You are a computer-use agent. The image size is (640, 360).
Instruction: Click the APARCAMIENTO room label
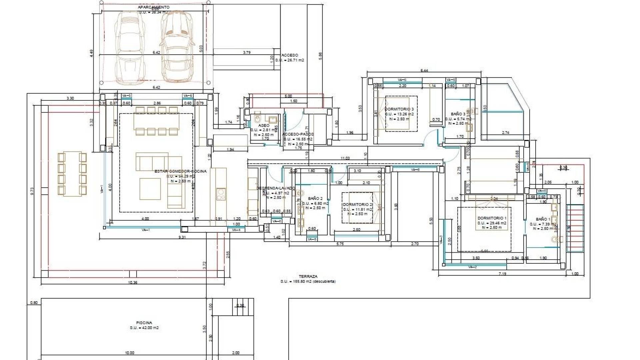click(x=153, y=7)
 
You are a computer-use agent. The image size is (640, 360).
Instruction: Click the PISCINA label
click(x=144, y=323)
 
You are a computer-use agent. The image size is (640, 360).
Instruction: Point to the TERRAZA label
click(x=308, y=276)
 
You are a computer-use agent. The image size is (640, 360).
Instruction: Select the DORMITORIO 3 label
click(x=399, y=109)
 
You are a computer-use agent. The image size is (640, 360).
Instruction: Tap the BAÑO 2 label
click(x=315, y=198)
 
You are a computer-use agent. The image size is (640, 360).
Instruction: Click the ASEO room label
click(x=264, y=126)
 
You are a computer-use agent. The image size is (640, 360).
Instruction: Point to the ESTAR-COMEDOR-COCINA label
click(x=180, y=171)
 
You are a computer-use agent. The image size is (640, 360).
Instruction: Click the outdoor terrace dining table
click(x=72, y=174)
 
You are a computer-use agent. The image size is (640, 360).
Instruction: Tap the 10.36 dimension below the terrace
click(x=132, y=282)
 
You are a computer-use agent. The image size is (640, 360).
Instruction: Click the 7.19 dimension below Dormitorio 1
click(x=502, y=274)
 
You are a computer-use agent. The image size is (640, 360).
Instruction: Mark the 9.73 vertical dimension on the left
click(x=32, y=191)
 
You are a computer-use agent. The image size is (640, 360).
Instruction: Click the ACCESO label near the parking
click(x=290, y=55)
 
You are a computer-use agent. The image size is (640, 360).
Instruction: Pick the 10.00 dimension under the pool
click(x=129, y=353)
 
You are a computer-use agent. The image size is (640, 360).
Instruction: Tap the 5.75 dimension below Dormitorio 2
click(x=340, y=244)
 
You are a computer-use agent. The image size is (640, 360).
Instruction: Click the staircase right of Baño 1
click(x=575, y=228)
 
